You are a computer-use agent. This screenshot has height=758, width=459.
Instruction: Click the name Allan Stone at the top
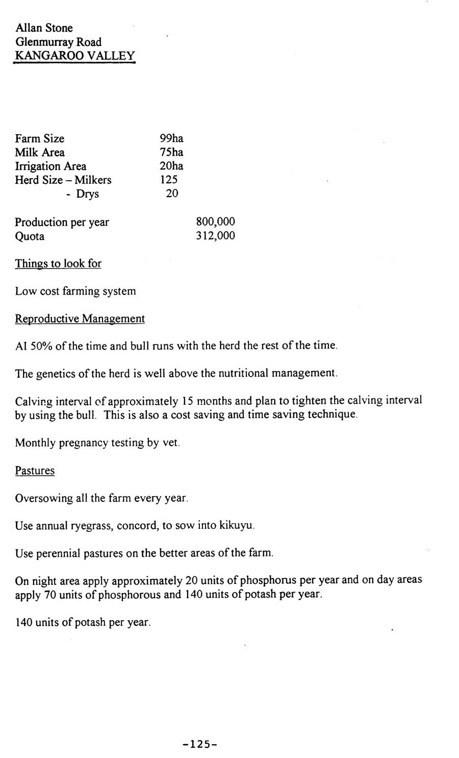tap(44, 28)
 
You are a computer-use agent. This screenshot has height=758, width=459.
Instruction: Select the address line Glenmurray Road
tap(58, 42)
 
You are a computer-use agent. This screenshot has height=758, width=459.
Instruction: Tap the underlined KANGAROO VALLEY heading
tap(74, 56)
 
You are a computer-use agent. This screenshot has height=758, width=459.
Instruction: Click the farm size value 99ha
tap(171, 138)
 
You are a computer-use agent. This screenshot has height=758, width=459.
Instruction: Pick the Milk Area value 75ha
tap(171, 152)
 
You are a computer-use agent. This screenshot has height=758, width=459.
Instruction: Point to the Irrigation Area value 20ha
tap(171, 166)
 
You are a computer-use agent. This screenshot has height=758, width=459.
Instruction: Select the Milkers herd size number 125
tap(169, 180)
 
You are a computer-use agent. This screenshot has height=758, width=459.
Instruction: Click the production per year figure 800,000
tap(215, 222)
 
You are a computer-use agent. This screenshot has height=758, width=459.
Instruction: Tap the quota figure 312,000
tap(215, 236)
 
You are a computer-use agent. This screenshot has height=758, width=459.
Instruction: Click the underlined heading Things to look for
tap(58, 264)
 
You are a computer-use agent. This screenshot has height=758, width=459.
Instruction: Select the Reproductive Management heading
tap(80, 319)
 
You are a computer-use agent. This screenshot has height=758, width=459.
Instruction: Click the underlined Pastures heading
tap(35, 471)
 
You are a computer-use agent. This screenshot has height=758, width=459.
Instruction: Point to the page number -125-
tap(200, 745)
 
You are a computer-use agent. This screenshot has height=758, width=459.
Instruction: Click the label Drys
tap(87, 194)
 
